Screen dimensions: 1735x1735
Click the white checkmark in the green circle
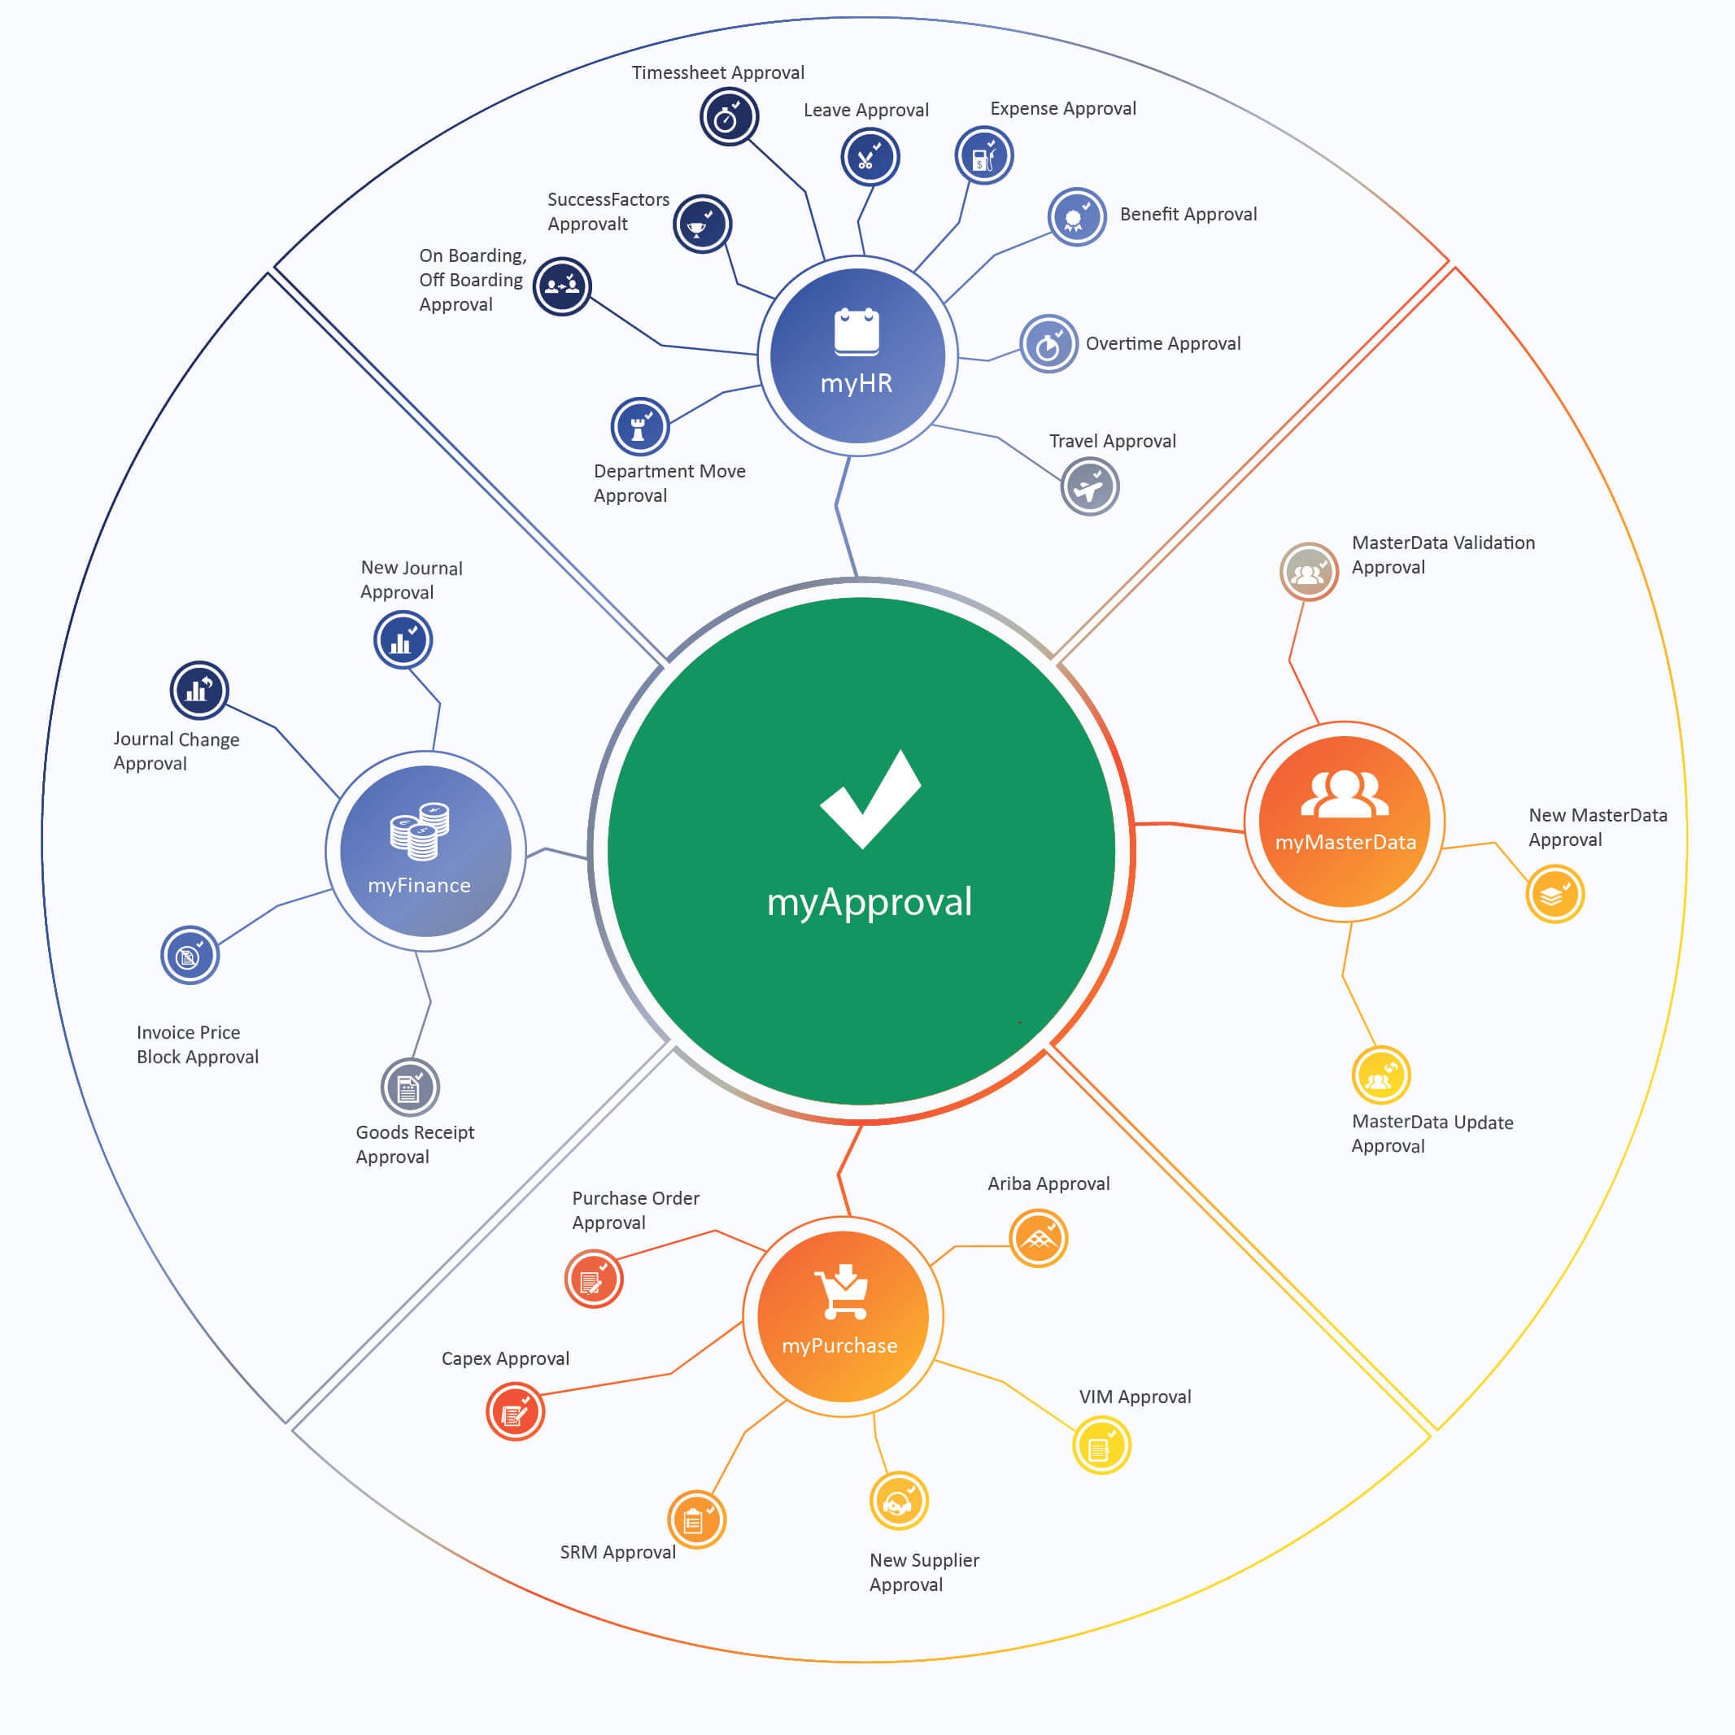tap(870, 800)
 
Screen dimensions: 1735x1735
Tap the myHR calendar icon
tap(857, 331)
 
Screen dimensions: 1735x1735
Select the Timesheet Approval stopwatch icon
tap(729, 117)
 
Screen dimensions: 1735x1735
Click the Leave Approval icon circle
tap(870, 157)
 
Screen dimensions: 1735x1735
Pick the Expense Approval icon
tap(984, 155)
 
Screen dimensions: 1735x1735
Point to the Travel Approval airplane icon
tap(1090, 486)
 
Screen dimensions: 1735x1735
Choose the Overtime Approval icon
tap(1049, 344)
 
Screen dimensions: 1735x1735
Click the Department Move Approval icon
tap(640, 426)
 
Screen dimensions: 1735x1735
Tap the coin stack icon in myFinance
tap(420, 831)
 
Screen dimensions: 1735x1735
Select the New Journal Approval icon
tap(403, 640)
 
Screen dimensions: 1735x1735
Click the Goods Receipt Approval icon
tap(411, 1088)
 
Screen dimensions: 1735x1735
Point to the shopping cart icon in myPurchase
tap(841, 1292)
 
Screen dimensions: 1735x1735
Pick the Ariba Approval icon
tap(1038, 1238)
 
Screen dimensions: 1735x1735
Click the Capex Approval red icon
tap(516, 1412)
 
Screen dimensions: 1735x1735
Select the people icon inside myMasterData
tap(1345, 794)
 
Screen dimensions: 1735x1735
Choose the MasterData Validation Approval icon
tap(1310, 571)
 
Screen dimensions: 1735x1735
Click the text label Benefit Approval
tap(1188, 215)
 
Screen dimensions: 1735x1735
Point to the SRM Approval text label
tap(618, 1552)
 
